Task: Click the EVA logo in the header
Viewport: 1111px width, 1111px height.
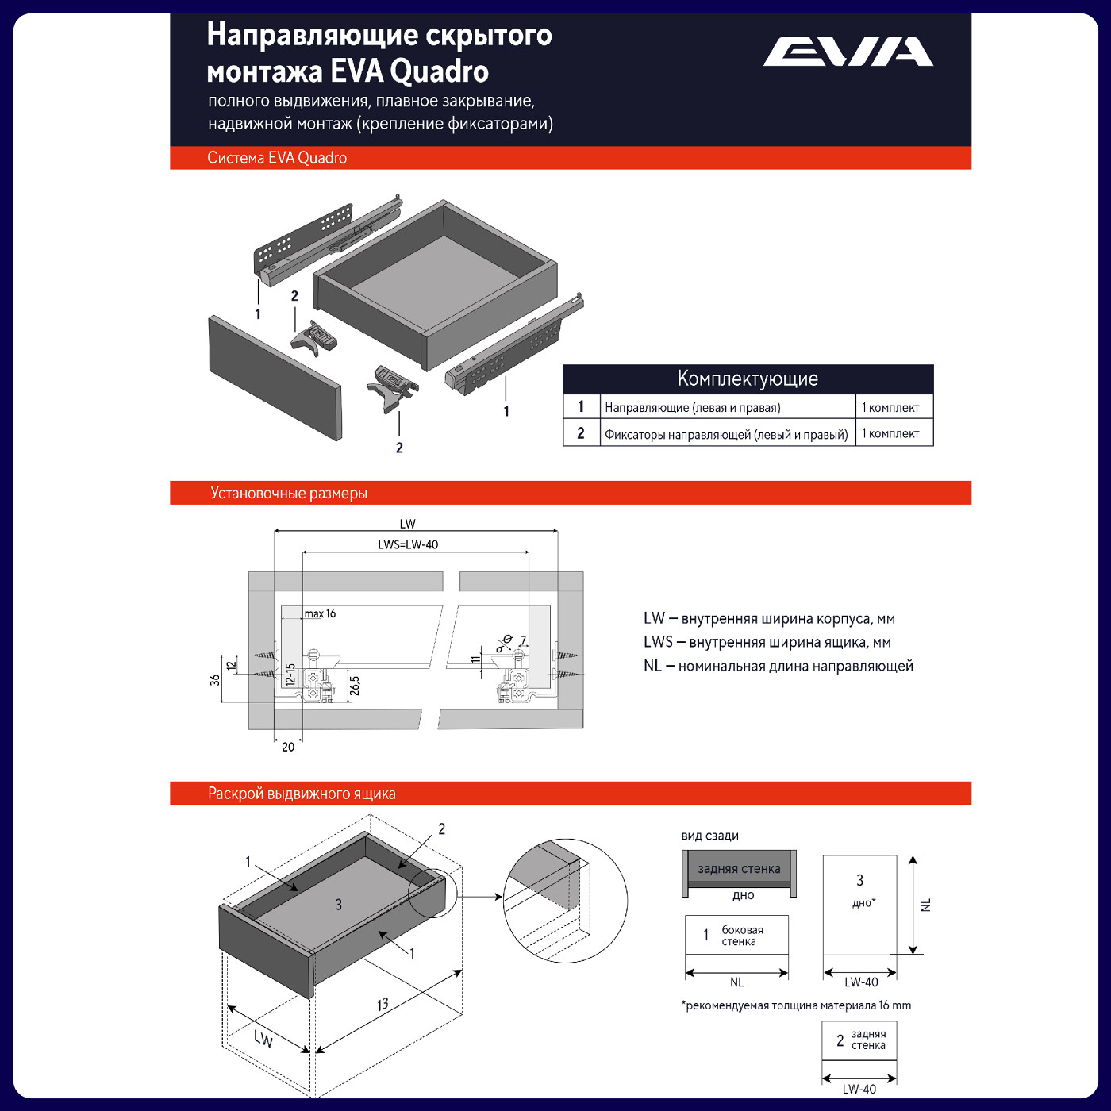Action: pyautogui.click(x=848, y=52)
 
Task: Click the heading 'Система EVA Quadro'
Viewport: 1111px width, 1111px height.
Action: pyautogui.click(x=277, y=158)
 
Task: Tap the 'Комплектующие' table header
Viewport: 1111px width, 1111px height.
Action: pyautogui.click(x=748, y=379)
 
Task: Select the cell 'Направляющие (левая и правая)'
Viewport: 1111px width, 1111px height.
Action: pyautogui.click(x=693, y=408)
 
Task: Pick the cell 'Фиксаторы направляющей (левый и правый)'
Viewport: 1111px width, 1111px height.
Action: pyautogui.click(x=726, y=434)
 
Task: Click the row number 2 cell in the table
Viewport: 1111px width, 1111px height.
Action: pyautogui.click(x=581, y=433)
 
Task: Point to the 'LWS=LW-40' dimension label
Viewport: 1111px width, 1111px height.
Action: pyautogui.click(x=408, y=544)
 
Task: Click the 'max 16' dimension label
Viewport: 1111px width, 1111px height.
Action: pyautogui.click(x=321, y=613)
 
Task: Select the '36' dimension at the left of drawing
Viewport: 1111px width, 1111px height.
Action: pyautogui.click(x=215, y=679)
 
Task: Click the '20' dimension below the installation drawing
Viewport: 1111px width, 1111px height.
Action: pyautogui.click(x=288, y=747)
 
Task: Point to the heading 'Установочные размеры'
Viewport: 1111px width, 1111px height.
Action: pyautogui.click(x=289, y=494)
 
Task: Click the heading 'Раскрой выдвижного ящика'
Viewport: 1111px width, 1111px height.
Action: pyautogui.click(x=302, y=794)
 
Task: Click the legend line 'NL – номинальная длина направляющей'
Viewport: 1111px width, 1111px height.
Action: pyautogui.click(x=778, y=666)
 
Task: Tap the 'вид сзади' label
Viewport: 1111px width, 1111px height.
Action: pyautogui.click(x=709, y=836)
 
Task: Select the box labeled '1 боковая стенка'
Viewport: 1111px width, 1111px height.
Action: pyautogui.click(x=736, y=936)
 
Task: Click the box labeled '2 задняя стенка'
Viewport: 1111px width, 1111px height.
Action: pyautogui.click(x=859, y=1040)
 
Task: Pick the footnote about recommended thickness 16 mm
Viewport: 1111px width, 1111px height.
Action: pyautogui.click(x=796, y=1005)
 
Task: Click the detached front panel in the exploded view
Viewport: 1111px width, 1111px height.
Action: pyautogui.click(x=275, y=378)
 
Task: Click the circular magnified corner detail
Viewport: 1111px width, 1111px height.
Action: pyautogui.click(x=565, y=901)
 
